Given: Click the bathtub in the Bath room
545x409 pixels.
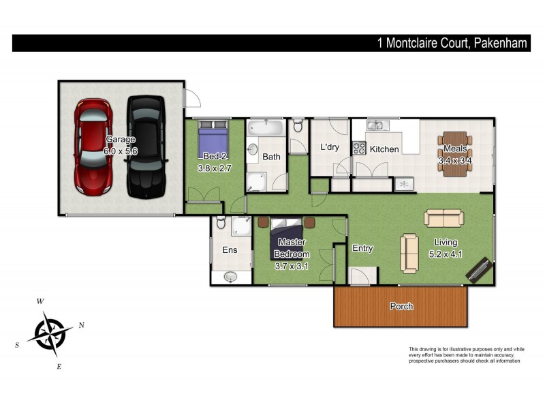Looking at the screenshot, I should [x=266, y=127].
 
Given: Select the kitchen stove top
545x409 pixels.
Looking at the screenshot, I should [x=359, y=147].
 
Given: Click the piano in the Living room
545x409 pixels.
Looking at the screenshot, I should [x=480, y=269].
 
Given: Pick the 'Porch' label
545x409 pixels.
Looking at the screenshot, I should [x=401, y=306].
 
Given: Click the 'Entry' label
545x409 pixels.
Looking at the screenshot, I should [x=362, y=248].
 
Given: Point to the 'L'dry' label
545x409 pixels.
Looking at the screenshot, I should [x=330, y=147].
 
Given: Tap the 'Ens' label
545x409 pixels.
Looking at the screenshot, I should [x=230, y=250].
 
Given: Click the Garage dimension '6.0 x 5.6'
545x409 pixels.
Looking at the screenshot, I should [x=121, y=151].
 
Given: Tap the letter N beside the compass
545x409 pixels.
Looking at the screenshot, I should [x=81, y=325].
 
